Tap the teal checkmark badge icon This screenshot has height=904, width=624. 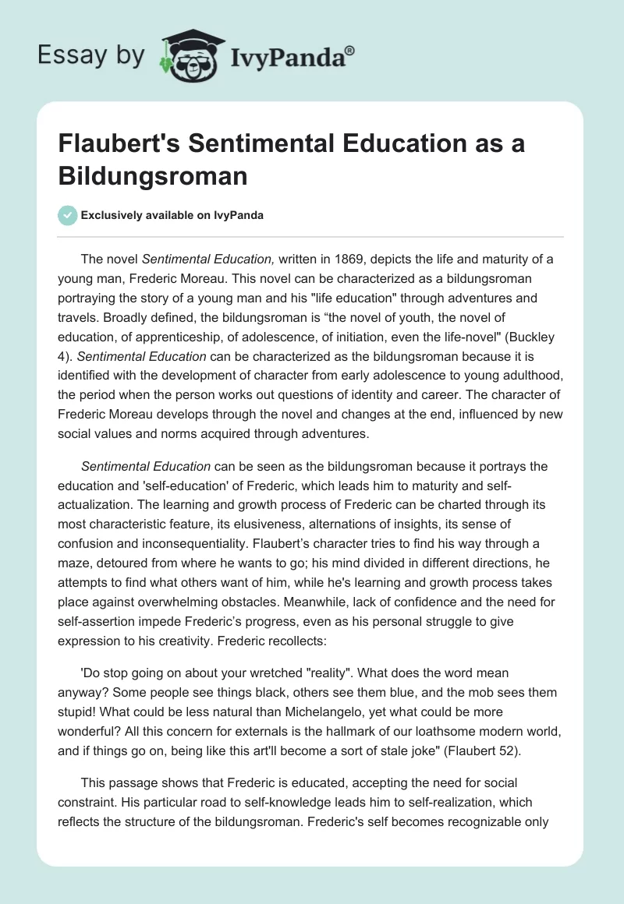68,215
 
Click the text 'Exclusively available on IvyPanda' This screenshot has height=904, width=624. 172,216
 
